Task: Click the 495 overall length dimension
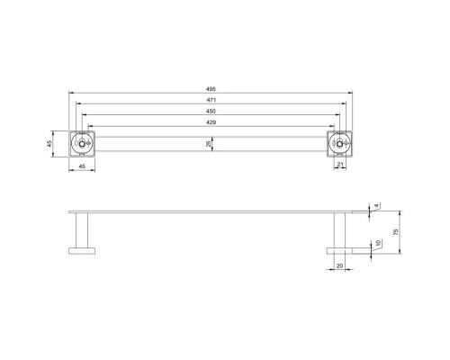point(211,89)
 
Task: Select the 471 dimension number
point(211,101)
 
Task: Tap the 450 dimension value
point(211,112)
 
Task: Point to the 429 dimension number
point(211,122)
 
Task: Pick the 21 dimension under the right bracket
point(340,165)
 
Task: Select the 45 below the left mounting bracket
point(82,166)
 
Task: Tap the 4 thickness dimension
point(378,206)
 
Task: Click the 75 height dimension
point(395,231)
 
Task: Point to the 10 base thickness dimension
point(378,242)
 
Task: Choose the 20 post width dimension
point(339,266)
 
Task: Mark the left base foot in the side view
point(82,249)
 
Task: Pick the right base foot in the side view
point(340,249)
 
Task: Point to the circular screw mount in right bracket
point(339,143)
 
